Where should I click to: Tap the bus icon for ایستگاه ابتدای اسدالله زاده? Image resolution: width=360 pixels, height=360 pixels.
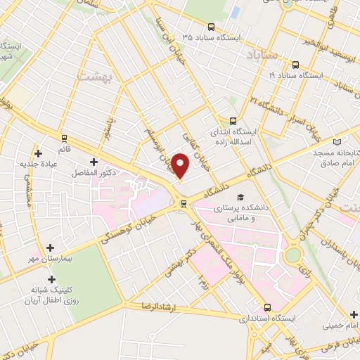[234, 120]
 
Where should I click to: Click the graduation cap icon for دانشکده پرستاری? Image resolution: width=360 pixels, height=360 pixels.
[241, 198]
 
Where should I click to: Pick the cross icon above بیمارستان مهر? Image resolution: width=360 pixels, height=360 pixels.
[50, 247]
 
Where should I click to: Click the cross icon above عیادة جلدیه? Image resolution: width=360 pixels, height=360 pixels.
[38, 153]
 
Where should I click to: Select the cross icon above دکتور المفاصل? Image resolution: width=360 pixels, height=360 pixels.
[93, 163]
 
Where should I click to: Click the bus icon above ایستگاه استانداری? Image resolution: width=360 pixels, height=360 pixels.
[267, 307]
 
